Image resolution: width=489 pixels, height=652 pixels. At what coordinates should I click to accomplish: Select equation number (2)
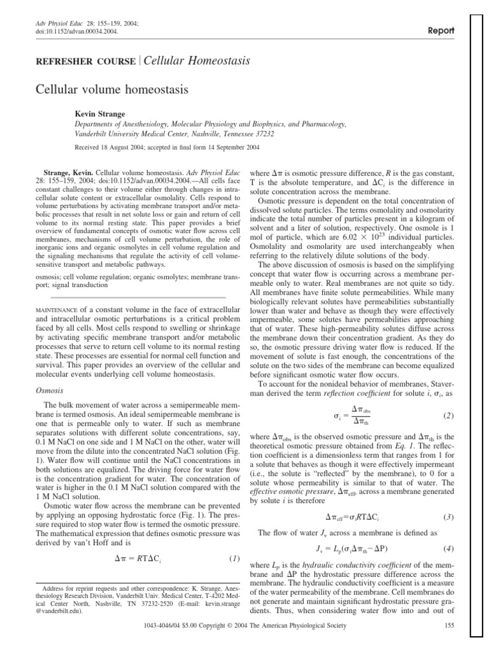pyautogui.click(x=448, y=416)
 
